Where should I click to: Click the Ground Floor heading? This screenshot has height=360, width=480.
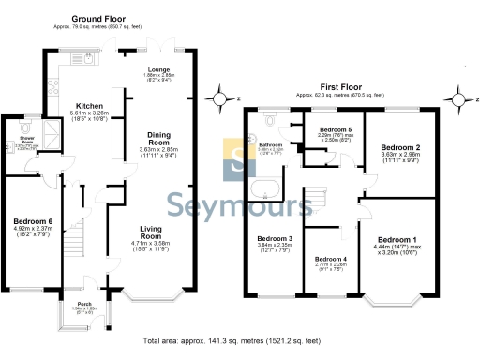[x=101, y=16]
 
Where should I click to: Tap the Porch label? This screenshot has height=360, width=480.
[x=84, y=304]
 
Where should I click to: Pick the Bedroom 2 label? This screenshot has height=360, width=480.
[x=399, y=147]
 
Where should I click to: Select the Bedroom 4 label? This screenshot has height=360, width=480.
[x=331, y=259]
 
